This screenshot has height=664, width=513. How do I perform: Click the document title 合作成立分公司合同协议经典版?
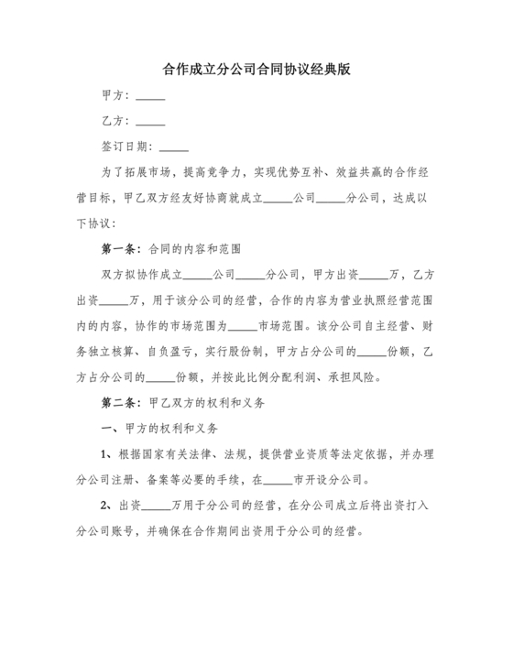pos(256,69)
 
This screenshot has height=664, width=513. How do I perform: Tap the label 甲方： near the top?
pos(118,96)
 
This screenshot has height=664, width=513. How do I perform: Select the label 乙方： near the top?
pos(118,121)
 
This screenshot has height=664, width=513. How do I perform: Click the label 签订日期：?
pos(128,147)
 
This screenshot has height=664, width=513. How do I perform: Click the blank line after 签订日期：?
pos(174,148)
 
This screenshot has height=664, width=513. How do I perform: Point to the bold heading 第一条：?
pos(120,248)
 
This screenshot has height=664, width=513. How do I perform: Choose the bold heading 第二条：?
pos(120,401)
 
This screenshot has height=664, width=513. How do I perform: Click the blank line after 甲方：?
pos(150,98)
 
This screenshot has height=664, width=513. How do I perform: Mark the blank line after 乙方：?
pos(150,123)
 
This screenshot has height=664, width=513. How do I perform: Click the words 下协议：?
pos(92,223)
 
